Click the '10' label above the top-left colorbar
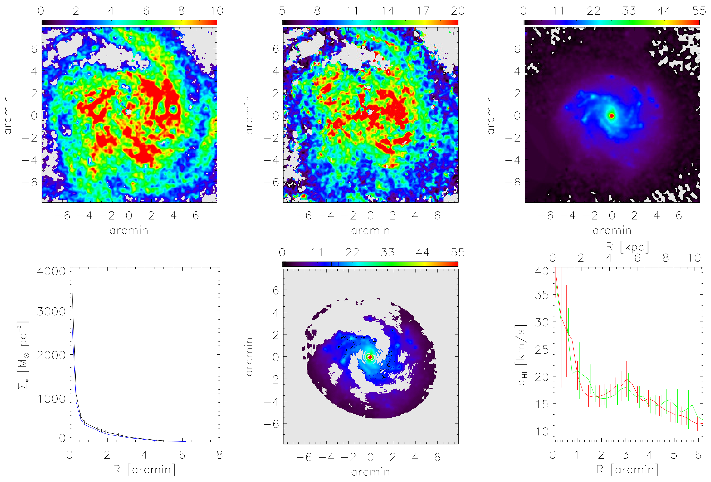click(x=217, y=11)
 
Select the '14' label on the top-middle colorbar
click(x=388, y=11)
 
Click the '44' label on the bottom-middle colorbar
click(x=423, y=252)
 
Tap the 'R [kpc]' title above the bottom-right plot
click(x=627, y=247)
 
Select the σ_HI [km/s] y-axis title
click(x=521, y=355)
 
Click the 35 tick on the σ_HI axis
click(x=542, y=295)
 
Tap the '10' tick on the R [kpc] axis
click(x=694, y=258)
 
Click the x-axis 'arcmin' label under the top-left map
click(x=129, y=230)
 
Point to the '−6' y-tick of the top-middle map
click(x=271, y=183)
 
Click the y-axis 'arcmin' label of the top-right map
click(x=490, y=115)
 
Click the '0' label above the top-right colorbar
click(x=523, y=11)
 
